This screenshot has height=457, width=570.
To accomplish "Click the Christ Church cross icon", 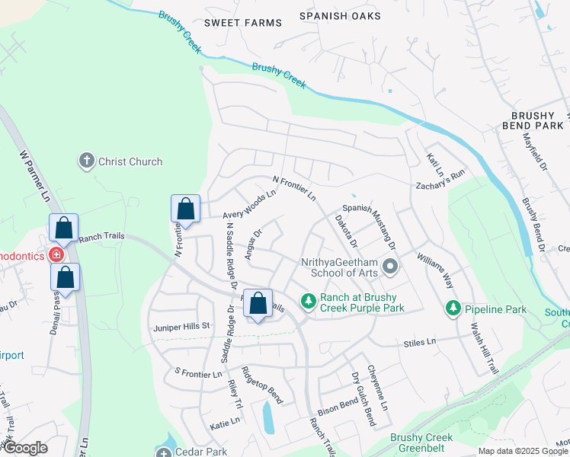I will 87,161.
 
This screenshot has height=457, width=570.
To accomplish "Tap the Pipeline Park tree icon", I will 453,308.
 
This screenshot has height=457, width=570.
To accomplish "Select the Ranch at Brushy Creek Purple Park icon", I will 308,302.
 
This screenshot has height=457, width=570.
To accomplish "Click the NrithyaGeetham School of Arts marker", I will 391,267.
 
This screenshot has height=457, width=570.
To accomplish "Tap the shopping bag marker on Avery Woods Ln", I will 185,208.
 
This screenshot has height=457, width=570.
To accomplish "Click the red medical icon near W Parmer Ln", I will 56,254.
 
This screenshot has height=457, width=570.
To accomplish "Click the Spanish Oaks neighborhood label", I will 335,15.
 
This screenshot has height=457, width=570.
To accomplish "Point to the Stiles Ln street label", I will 420,344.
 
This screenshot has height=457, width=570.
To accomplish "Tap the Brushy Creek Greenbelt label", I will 421,443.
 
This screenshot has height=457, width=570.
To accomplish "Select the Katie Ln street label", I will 225,420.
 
